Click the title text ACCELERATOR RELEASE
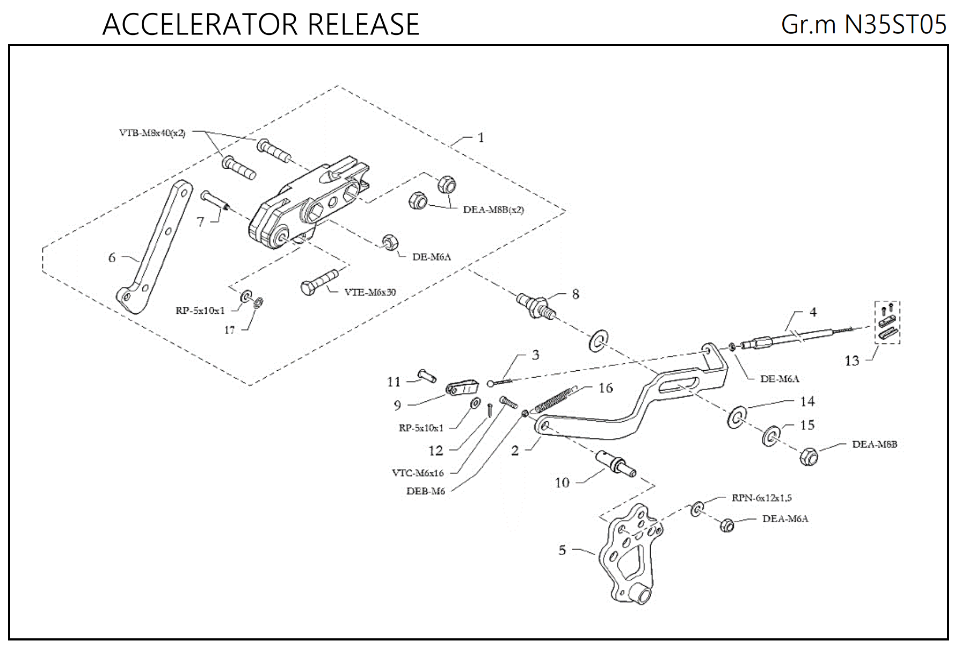coord(260,25)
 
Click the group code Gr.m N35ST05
coord(863,25)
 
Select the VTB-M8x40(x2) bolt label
coord(152,133)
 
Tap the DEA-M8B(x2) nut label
coord(493,210)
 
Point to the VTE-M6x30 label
coord(370,292)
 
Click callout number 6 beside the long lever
coord(112,257)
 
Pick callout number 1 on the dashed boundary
coord(481,138)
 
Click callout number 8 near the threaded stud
coord(576,294)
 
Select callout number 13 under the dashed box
coord(852,361)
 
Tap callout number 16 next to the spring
coord(606,388)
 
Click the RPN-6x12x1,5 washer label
coord(761,498)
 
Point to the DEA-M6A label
coord(785,519)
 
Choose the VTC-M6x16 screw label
coord(418,473)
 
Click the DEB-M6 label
coord(425,491)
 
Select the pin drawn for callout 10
coord(617,464)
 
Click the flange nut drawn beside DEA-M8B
coord(808,457)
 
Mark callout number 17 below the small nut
coord(229,330)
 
